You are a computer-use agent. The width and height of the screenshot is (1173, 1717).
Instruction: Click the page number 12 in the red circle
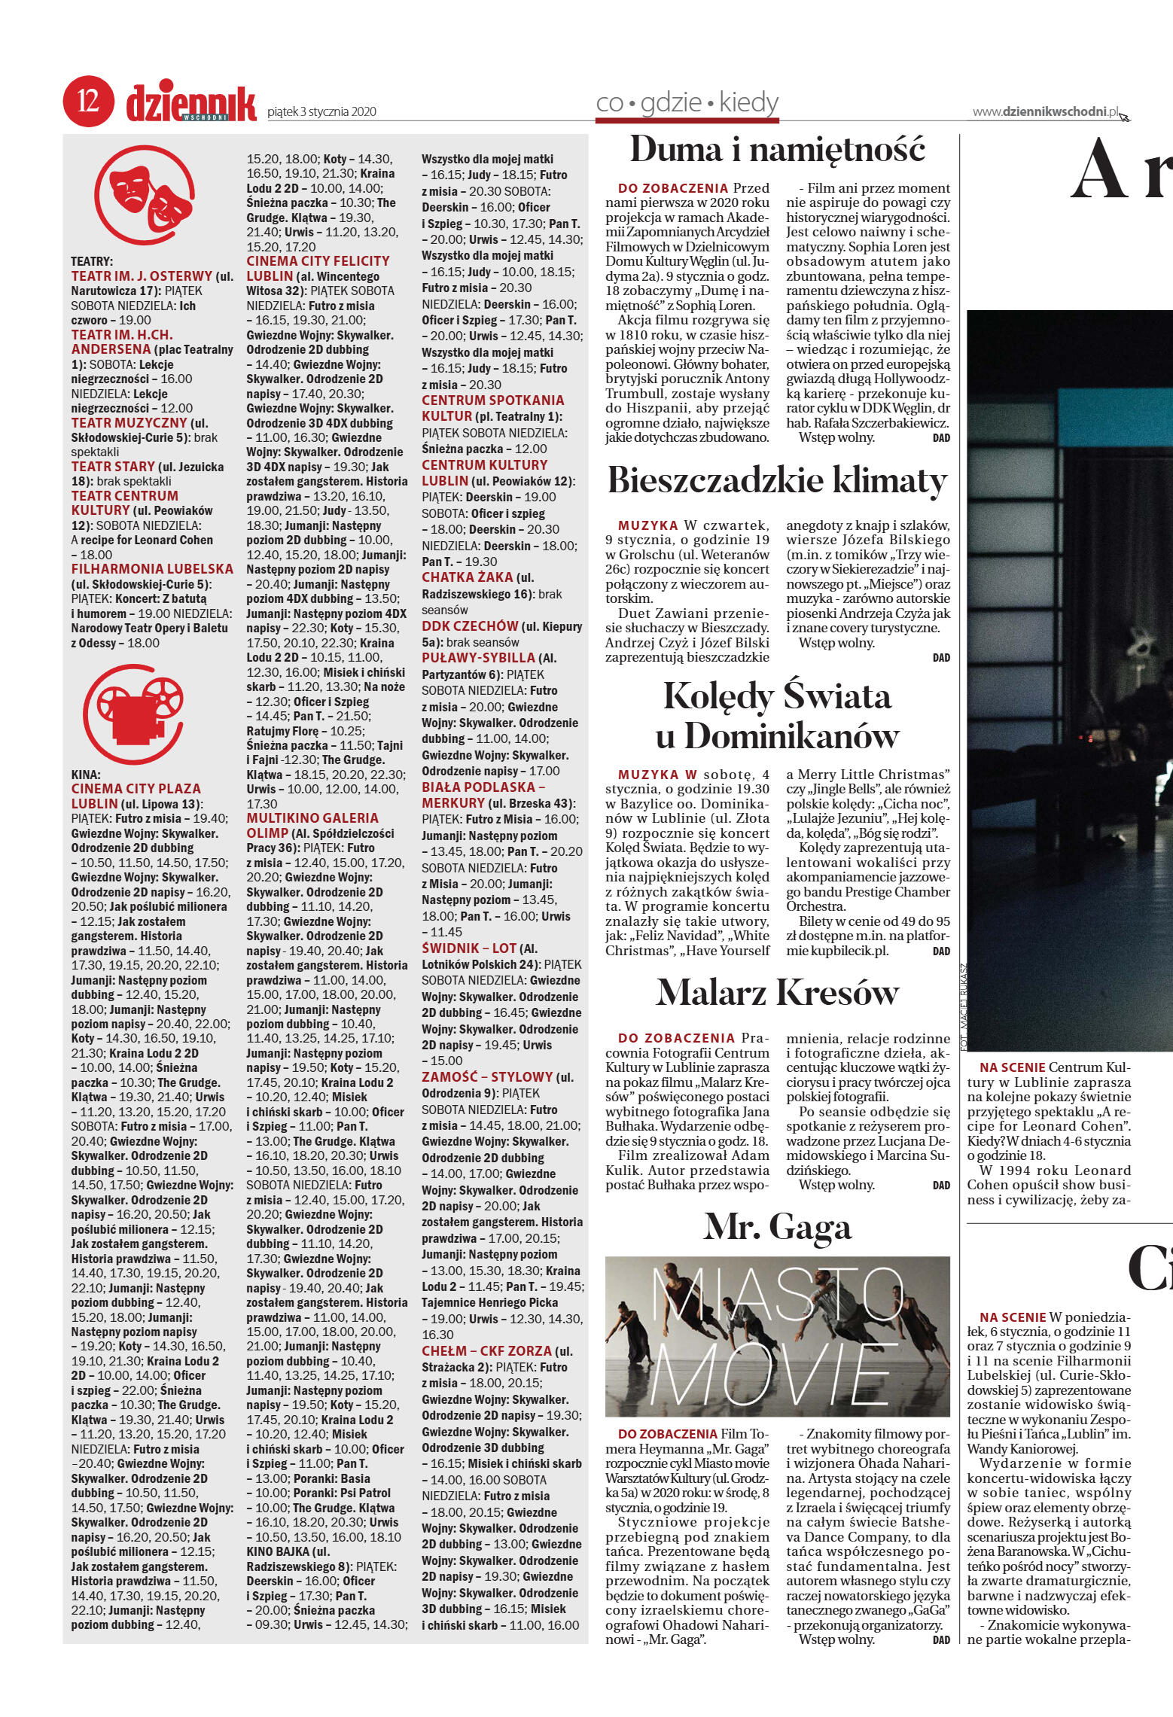pos(88,102)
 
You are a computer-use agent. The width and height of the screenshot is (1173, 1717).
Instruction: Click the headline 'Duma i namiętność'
pos(776,149)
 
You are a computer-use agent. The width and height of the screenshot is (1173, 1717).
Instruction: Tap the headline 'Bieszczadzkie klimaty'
pos(777,480)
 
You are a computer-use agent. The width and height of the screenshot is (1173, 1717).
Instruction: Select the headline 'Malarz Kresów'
pos(777,992)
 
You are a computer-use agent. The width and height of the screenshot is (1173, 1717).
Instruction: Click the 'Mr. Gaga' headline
pos(777,1227)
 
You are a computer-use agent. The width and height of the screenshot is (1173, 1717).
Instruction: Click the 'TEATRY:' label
pos(92,261)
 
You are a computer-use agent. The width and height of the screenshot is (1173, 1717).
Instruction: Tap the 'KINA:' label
pos(86,774)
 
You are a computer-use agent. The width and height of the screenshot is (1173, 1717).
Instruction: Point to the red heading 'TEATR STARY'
pos(113,467)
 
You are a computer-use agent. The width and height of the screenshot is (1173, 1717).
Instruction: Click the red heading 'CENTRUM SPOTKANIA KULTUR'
pos(492,407)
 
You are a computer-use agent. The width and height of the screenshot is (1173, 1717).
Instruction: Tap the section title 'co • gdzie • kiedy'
pos(687,103)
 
